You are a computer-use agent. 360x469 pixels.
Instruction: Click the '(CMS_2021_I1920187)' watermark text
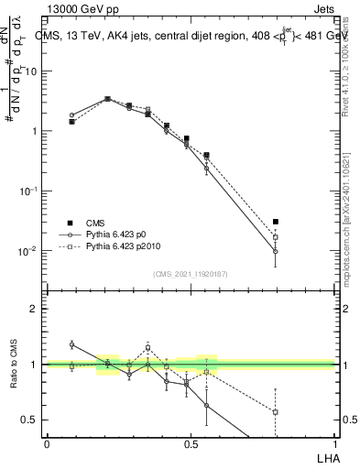pos(191,274)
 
